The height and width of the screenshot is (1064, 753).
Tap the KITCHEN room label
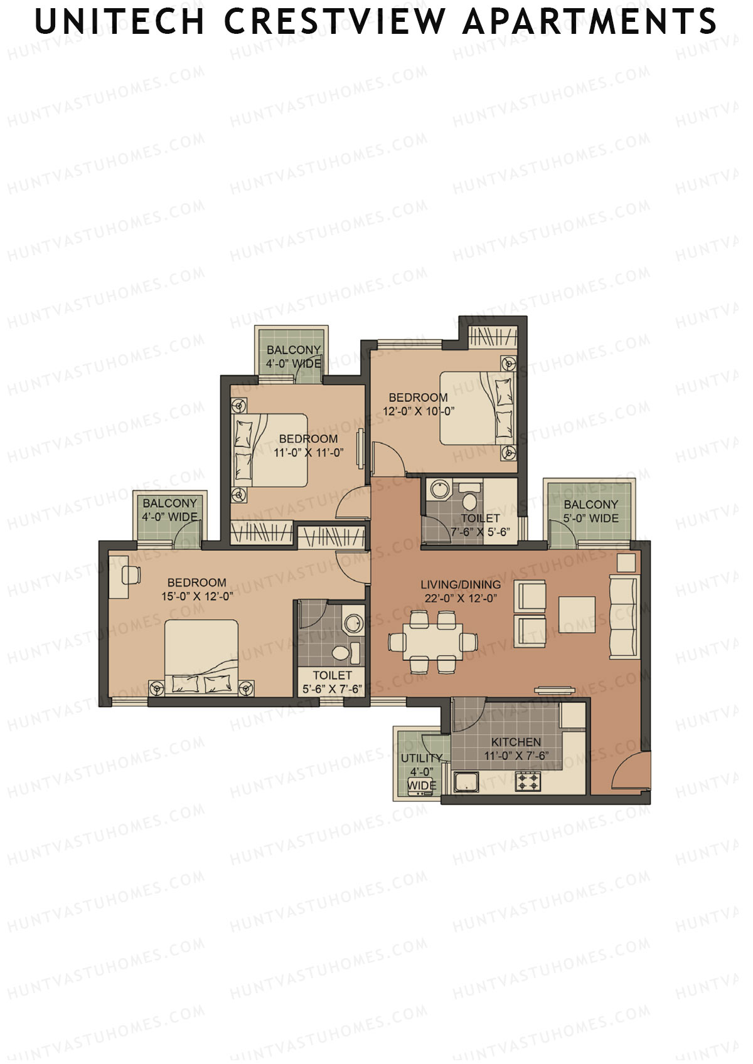click(x=516, y=742)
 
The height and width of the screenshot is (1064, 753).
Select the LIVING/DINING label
click(x=461, y=584)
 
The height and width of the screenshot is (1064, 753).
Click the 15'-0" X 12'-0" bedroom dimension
click(x=197, y=596)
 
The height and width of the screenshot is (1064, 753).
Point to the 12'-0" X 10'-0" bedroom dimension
click(x=418, y=411)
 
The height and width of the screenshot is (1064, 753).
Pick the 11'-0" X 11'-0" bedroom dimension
click(x=308, y=452)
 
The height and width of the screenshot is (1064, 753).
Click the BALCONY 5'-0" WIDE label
click(x=590, y=511)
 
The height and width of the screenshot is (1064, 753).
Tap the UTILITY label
click(x=421, y=758)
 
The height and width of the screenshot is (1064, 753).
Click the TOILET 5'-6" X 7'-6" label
click(x=332, y=682)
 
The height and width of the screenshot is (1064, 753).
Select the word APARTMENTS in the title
click(x=589, y=22)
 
